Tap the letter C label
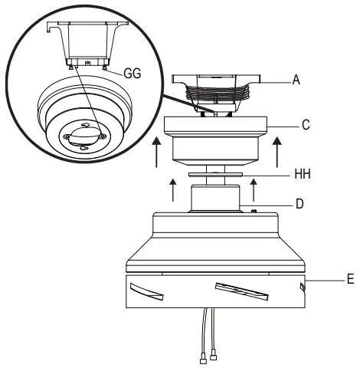coord(305,123)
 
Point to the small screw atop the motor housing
coord(253,208)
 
